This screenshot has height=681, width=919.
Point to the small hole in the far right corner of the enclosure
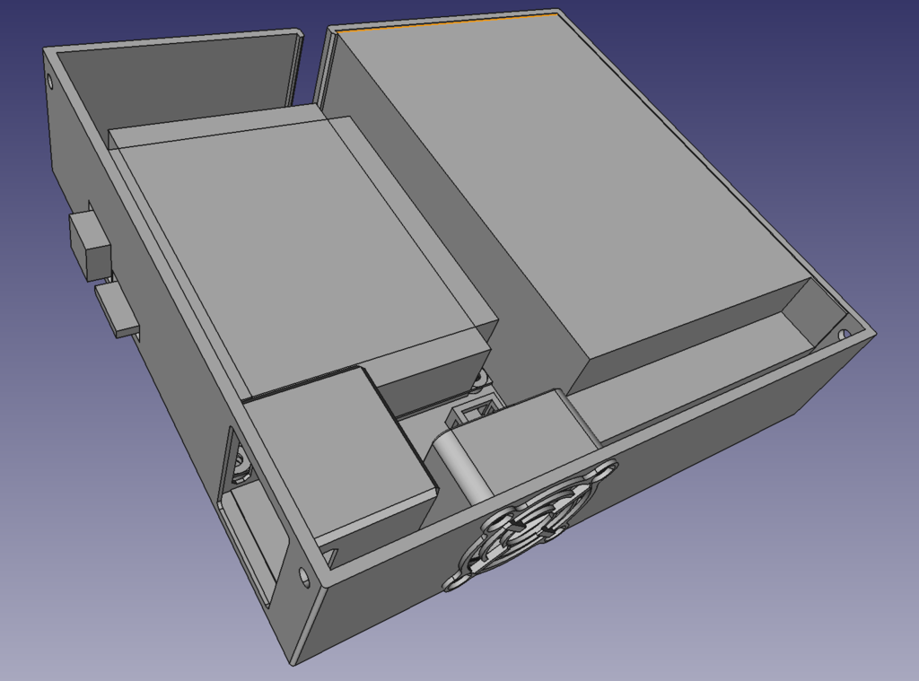pos(844,333)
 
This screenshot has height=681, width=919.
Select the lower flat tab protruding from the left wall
pos(117,310)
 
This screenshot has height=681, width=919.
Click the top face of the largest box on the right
pos(574,179)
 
